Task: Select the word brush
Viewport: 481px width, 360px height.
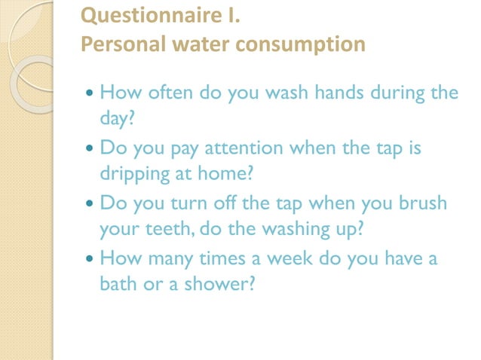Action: [x=419, y=203]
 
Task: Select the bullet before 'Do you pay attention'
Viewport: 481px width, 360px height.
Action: [x=90, y=148]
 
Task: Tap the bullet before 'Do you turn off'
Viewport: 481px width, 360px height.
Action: [x=90, y=204]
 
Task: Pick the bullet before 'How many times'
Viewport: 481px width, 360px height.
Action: [x=90, y=260]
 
